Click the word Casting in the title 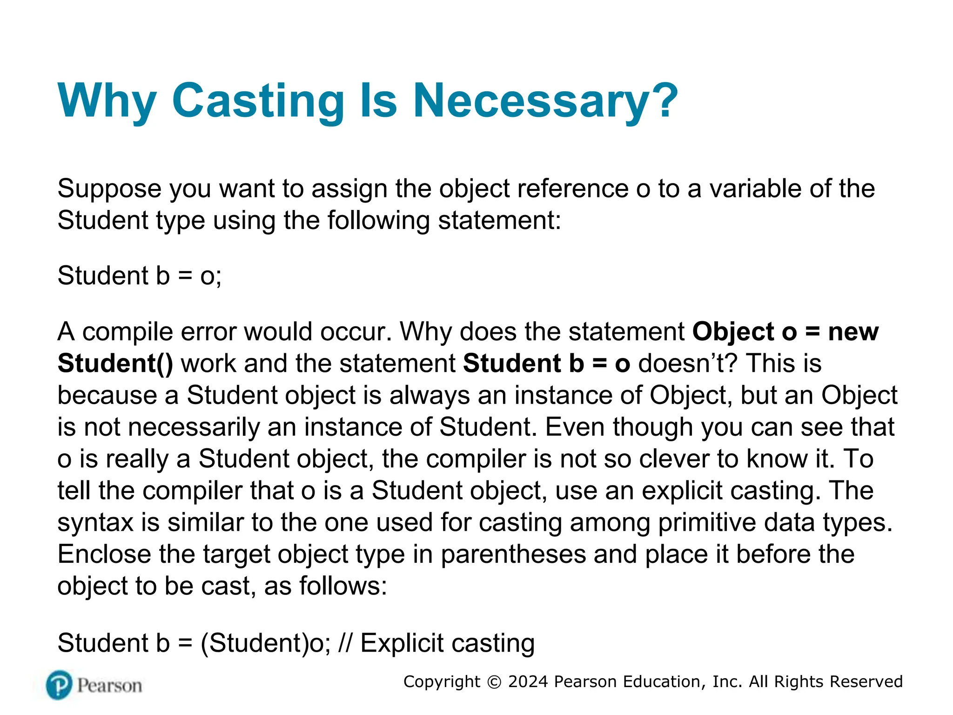pos(258,101)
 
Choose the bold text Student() pos(115,364)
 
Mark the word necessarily pos(194,427)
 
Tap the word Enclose pos(104,554)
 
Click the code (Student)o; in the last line pos(265,643)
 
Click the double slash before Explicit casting pos(345,643)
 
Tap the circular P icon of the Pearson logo pos(59,685)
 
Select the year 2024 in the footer pos(528,681)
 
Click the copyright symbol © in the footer pos(494,682)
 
